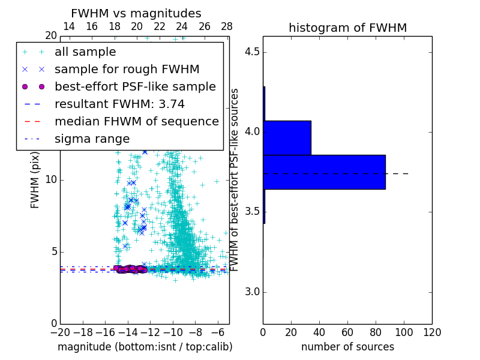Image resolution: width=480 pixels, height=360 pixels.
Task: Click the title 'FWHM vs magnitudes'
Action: pos(136,13)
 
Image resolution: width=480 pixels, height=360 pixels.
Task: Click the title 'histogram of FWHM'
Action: pos(347,28)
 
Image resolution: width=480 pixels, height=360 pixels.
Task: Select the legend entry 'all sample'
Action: pos(85,52)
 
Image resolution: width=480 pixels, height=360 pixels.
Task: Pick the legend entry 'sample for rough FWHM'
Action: pos(127,69)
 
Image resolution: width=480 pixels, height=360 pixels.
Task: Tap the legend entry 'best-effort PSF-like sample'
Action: pos(135,86)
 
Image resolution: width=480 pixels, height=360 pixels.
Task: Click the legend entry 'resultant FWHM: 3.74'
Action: pos(119,104)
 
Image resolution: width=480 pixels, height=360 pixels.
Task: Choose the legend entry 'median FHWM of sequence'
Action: pos(136,121)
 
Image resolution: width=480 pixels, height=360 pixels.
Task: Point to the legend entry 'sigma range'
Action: pos(92,139)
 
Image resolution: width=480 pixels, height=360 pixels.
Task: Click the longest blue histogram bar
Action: pos(324,172)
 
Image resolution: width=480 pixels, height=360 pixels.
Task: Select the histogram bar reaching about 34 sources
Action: pos(287,137)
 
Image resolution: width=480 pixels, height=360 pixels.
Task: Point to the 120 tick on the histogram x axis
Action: pos(432,332)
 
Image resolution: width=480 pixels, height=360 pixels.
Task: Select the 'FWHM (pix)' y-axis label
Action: pos(35,180)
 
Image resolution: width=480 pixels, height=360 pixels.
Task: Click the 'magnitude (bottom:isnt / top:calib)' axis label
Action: pos(145,347)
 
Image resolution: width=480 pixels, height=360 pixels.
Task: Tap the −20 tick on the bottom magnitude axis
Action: pos(60,332)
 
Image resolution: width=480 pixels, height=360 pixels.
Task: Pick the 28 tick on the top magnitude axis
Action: pos(227,26)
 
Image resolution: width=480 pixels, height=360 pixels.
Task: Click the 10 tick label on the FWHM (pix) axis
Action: pos(51,180)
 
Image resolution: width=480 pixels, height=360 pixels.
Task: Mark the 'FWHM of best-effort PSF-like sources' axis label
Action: pos(235,180)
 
